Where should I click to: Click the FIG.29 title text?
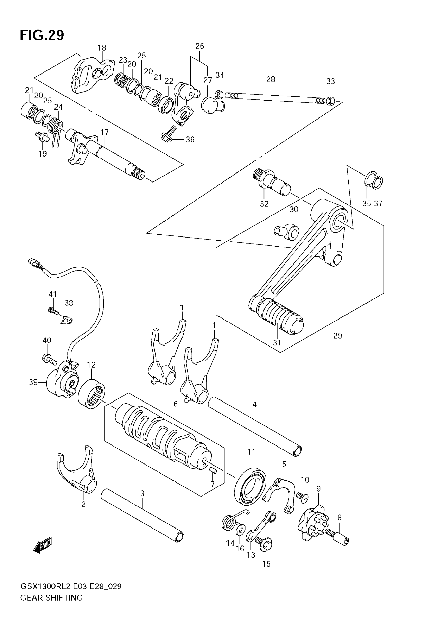pyautogui.click(x=42, y=35)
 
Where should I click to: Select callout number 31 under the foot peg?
pyautogui.click(x=277, y=343)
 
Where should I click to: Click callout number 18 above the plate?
pyautogui.click(x=102, y=48)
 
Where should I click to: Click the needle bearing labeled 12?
pyautogui.click(x=92, y=394)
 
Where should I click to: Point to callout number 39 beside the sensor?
pyautogui.click(x=33, y=382)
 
